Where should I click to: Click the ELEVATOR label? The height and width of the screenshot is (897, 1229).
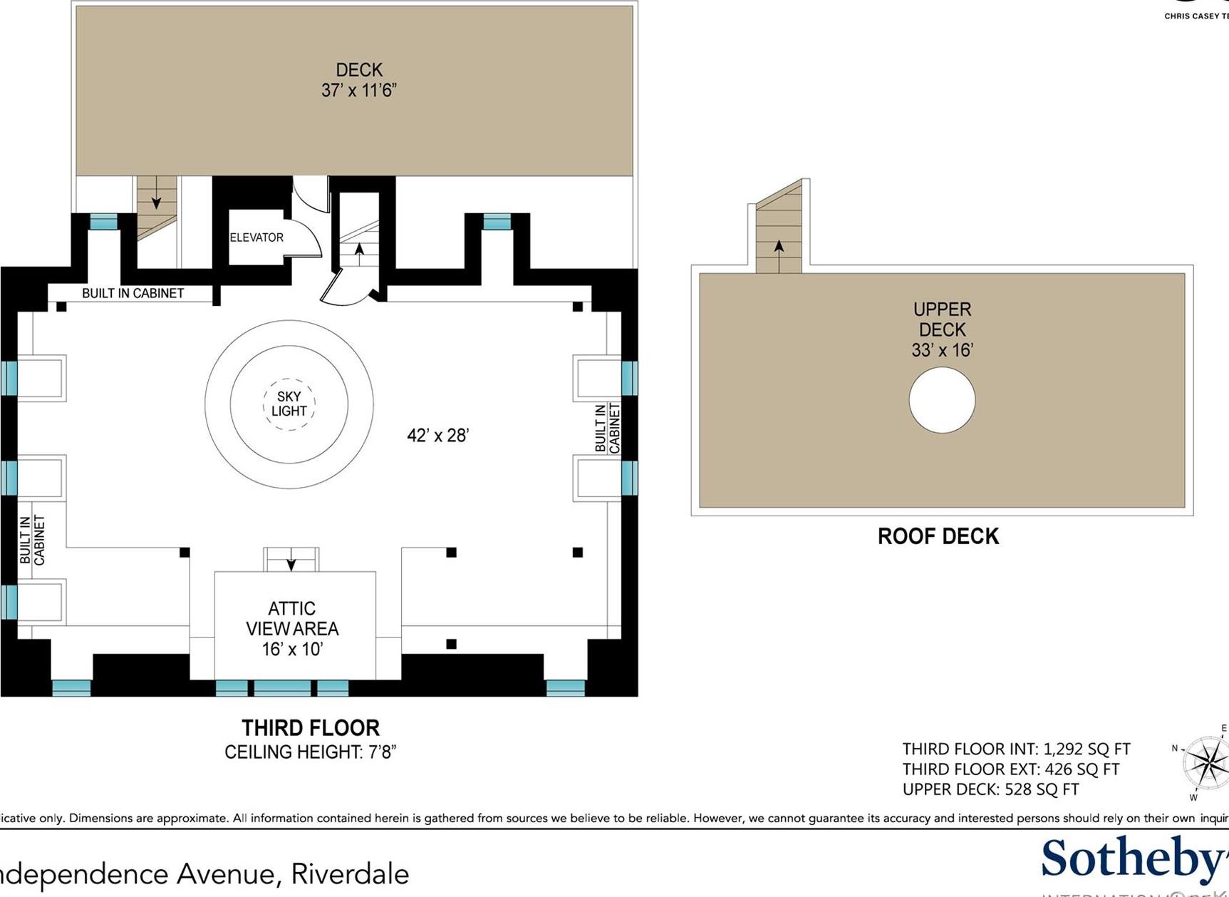[256, 237]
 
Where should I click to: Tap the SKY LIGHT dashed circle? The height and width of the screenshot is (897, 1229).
[289, 404]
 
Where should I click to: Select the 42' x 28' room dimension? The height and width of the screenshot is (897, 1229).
[437, 435]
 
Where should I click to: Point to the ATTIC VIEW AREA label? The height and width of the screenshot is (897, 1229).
[292, 619]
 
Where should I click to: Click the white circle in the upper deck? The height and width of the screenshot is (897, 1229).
[942, 400]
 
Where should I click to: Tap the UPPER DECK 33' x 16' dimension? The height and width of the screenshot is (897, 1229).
[942, 350]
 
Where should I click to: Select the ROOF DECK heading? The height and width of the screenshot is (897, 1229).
[938, 536]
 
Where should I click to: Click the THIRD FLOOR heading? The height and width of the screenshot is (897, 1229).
[311, 728]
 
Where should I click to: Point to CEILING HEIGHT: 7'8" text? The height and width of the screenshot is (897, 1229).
[310, 752]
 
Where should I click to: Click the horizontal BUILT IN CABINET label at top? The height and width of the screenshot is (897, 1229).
[133, 293]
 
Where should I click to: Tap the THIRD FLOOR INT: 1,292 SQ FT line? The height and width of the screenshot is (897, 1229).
[1015, 749]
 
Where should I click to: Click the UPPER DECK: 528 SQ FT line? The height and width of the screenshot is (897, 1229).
[990, 789]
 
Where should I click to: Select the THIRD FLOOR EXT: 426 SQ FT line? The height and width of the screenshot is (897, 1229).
[1010, 769]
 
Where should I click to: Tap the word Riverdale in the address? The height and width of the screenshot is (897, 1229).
[350, 873]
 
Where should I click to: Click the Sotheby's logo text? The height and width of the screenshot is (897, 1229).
[1133, 859]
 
